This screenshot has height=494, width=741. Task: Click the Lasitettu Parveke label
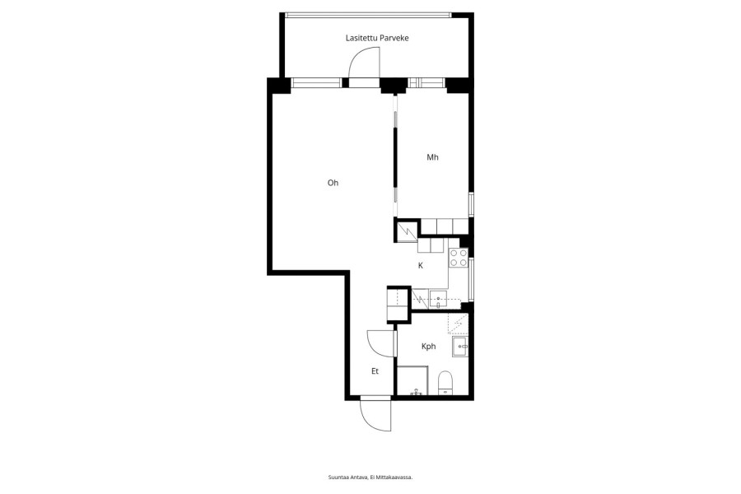pos(376,38)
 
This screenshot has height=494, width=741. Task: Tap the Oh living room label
pos(333,183)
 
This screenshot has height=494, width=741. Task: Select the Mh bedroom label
pos(432,157)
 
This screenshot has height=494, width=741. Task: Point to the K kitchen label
pos(421,266)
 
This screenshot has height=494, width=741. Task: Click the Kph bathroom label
pos(428,347)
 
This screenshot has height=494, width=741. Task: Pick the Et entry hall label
pos(375,371)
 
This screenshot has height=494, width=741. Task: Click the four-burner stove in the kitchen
pos(458,258)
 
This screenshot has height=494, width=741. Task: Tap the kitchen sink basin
pos(438,299)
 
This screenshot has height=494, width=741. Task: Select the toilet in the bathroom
pos(445,382)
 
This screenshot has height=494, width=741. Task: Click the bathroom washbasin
pos(460,347)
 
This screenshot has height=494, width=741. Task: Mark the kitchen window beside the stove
pos(471,279)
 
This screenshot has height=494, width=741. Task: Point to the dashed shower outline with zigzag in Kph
pos(458,324)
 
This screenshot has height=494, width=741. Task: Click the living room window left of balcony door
pos(316,83)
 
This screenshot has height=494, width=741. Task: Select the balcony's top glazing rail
pos(369,15)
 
